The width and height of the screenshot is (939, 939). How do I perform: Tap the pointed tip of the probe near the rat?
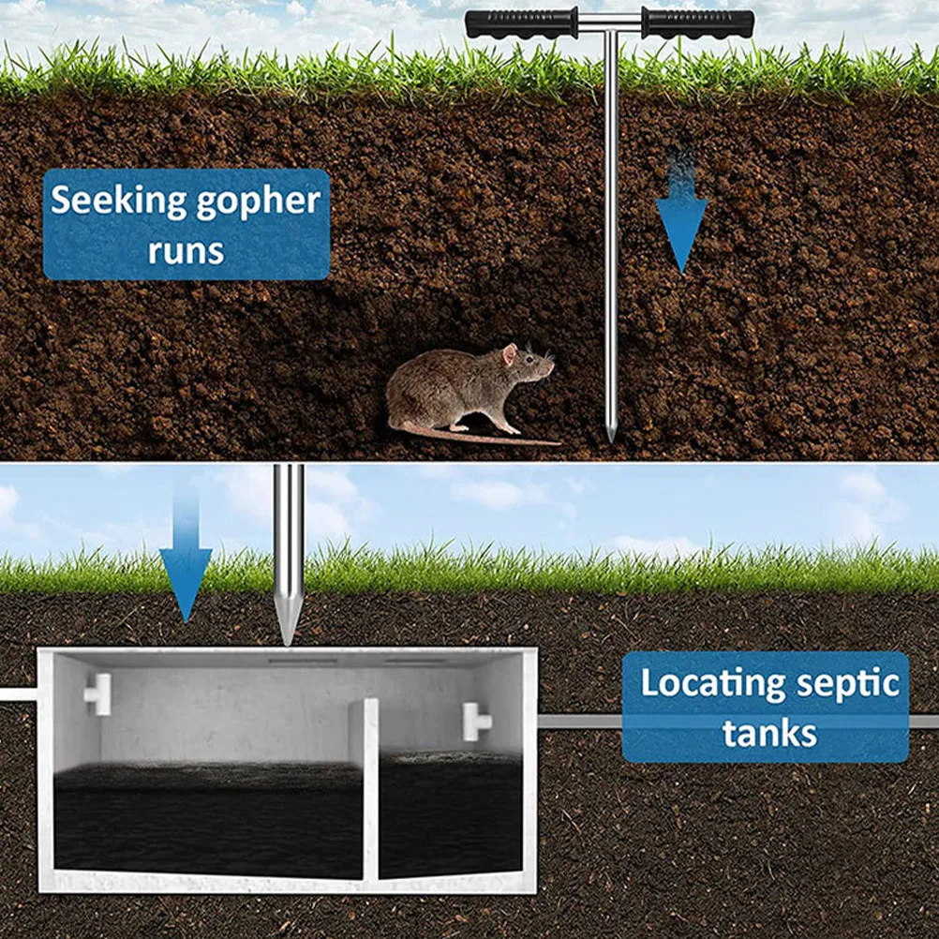(611, 440)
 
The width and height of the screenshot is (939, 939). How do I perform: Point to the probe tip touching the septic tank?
(288, 644)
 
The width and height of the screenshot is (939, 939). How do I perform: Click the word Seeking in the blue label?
(118, 201)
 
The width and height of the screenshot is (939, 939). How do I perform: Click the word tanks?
(769, 734)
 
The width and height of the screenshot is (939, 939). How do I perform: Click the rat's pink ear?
(509, 353)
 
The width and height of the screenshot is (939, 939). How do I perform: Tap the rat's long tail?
(479, 436)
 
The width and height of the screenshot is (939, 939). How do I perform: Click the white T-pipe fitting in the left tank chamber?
(98, 694)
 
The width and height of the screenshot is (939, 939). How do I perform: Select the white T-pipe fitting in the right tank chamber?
(475, 721)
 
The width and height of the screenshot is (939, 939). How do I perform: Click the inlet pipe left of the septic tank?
(19, 694)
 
